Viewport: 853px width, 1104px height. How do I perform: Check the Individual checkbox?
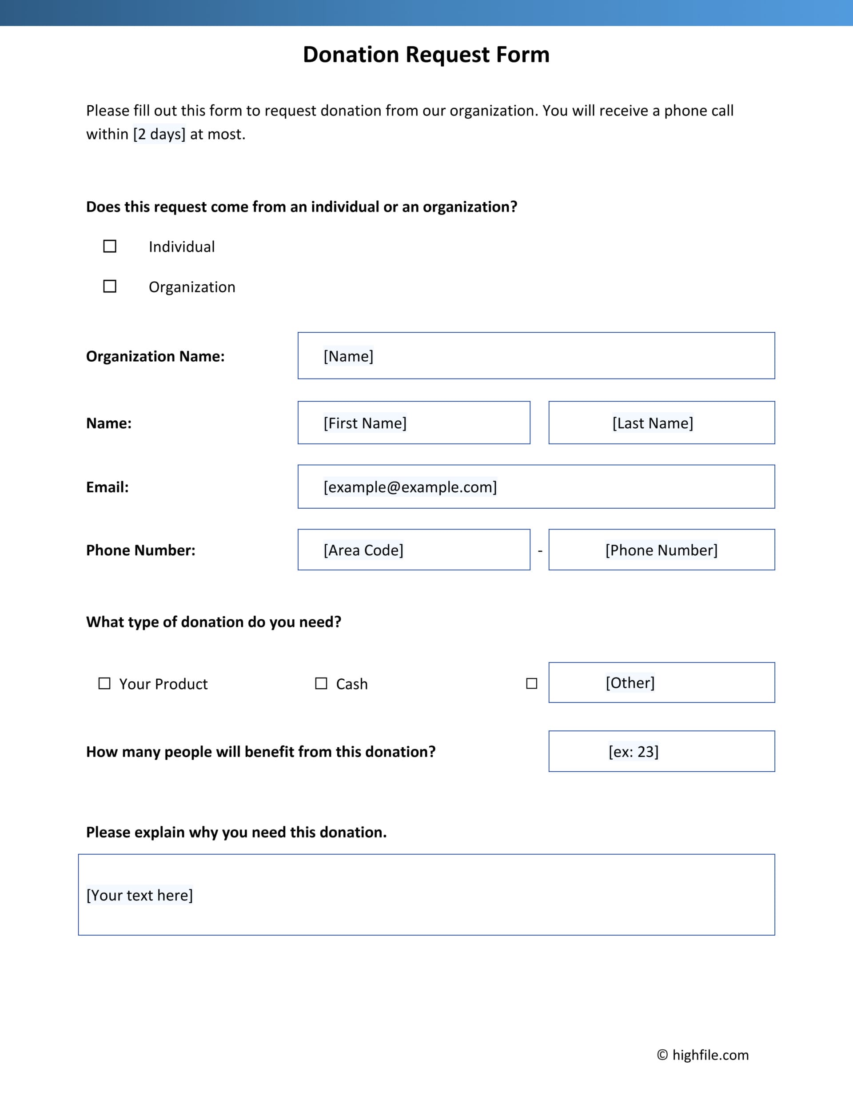pyautogui.click(x=110, y=246)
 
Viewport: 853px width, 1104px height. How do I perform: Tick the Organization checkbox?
pyautogui.click(x=110, y=287)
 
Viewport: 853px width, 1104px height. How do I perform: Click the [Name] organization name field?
pyautogui.click(x=536, y=356)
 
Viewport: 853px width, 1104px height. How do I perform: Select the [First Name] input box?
pyautogui.click(x=414, y=423)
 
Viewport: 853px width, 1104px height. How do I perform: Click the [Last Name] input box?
pyautogui.click(x=662, y=423)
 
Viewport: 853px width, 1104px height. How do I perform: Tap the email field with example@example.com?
pyautogui.click(x=536, y=487)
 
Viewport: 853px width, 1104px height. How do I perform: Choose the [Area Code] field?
pyautogui.click(x=414, y=550)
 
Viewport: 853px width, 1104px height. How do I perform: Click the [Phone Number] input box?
pyautogui.click(x=662, y=550)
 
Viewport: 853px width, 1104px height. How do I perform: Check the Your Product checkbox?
pyautogui.click(x=104, y=683)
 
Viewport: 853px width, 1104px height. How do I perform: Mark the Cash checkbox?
pyautogui.click(x=321, y=683)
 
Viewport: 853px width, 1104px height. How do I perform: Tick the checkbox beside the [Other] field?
pyautogui.click(x=531, y=683)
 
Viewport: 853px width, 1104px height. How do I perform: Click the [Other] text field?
pyautogui.click(x=662, y=683)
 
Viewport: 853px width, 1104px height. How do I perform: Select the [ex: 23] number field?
pyautogui.click(x=662, y=752)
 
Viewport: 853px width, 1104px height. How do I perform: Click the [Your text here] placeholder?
pyautogui.click(x=140, y=895)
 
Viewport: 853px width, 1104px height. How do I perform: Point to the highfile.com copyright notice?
pyautogui.click(x=703, y=1055)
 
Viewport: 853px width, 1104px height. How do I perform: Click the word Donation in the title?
pyautogui.click(x=351, y=55)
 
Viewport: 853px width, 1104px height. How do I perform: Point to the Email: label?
pyautogui.click(x=107, y=487)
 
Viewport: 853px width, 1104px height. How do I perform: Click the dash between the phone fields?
pyautogui.click(x=540, y=550)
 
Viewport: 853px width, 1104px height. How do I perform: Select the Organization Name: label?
pyautogui.click(x=155, y=356)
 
